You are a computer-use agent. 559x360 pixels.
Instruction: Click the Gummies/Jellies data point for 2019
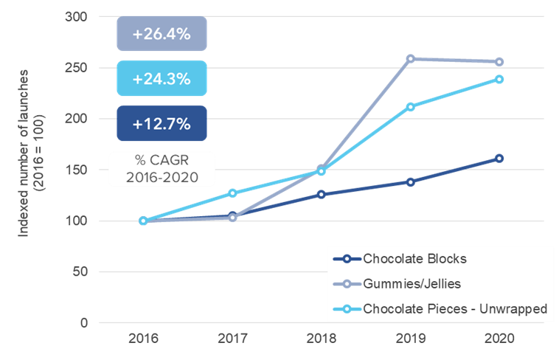point(410,58)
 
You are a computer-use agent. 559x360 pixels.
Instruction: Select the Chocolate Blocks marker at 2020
point(499,158)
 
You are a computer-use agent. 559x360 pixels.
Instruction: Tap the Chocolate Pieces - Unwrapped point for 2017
point(232,193)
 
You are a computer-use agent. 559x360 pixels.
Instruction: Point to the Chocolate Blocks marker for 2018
point(322,194)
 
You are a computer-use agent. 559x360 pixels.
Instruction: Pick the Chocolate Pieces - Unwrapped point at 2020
point(499,79)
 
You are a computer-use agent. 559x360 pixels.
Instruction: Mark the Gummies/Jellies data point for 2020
point(499,62)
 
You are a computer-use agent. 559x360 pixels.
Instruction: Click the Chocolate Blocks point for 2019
point(410,181)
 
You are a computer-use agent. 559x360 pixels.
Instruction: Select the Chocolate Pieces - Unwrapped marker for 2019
point(410,106)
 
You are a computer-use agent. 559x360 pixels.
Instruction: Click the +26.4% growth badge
point(162,34)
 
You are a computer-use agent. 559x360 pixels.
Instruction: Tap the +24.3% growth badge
point(162,78)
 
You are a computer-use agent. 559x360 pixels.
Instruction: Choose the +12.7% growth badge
point(162,123)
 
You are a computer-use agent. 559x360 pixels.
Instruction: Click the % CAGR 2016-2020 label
point(162,169)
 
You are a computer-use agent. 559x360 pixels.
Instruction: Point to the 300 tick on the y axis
point(77,16)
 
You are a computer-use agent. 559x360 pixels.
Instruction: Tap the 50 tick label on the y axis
point(80,272)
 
